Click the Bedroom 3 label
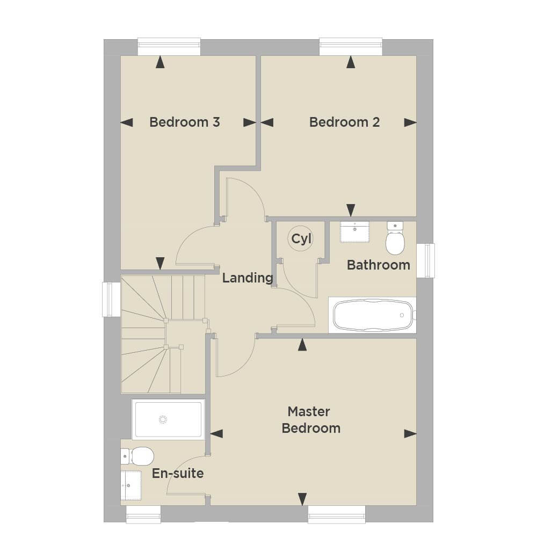185,122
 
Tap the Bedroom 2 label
345,122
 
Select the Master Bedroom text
311,420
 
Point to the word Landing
248,278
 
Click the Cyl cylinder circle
301,239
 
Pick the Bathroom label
379,265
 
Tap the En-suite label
178,473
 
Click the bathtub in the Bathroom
373,315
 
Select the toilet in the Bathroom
395,238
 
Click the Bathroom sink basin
355,232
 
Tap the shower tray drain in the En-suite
163,419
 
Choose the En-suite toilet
137,456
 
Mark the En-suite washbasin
131,485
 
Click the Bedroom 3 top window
169,47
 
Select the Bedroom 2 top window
351,47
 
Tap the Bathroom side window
426,260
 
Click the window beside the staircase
111,299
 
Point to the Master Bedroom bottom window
337,514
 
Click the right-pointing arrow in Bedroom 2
410,122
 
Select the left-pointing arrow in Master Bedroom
216,433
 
